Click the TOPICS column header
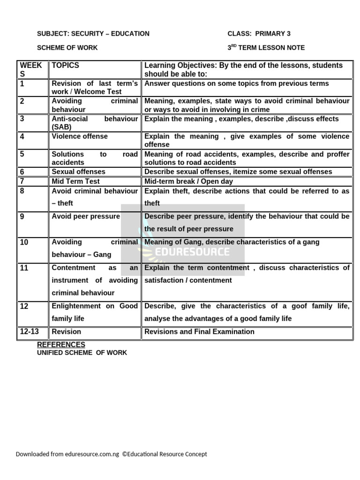pos(66,66)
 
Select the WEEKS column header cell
pos(31,70)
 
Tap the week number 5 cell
pos(22,154)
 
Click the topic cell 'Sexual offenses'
pos(79,172)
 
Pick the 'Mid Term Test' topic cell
pos(75,181)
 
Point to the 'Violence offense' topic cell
pos(80,136)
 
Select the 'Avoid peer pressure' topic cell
pos(86,217)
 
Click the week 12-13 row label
pos(30,332)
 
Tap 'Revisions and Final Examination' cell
pos(199,332)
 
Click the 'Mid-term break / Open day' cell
pos(188,181)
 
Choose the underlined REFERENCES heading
pos(61,345)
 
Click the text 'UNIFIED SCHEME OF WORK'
pos(82,352)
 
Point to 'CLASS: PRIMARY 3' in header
pos(259,34)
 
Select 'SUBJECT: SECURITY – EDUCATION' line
pos(93,34)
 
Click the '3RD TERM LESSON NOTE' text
pos(266,48)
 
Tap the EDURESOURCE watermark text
pos(193,252)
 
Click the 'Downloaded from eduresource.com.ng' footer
pos(67,454)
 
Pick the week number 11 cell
pos(24,268)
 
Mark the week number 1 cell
pos(22,84)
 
